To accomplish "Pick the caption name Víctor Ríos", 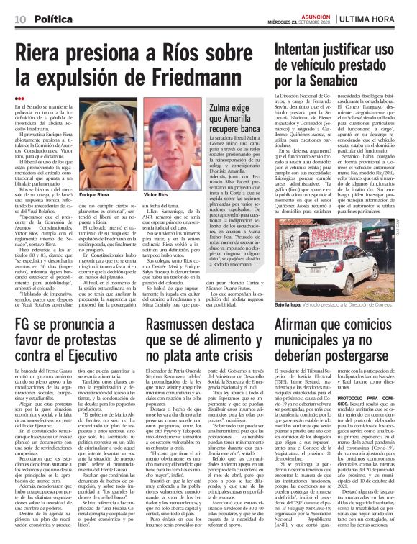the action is point(156,195).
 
